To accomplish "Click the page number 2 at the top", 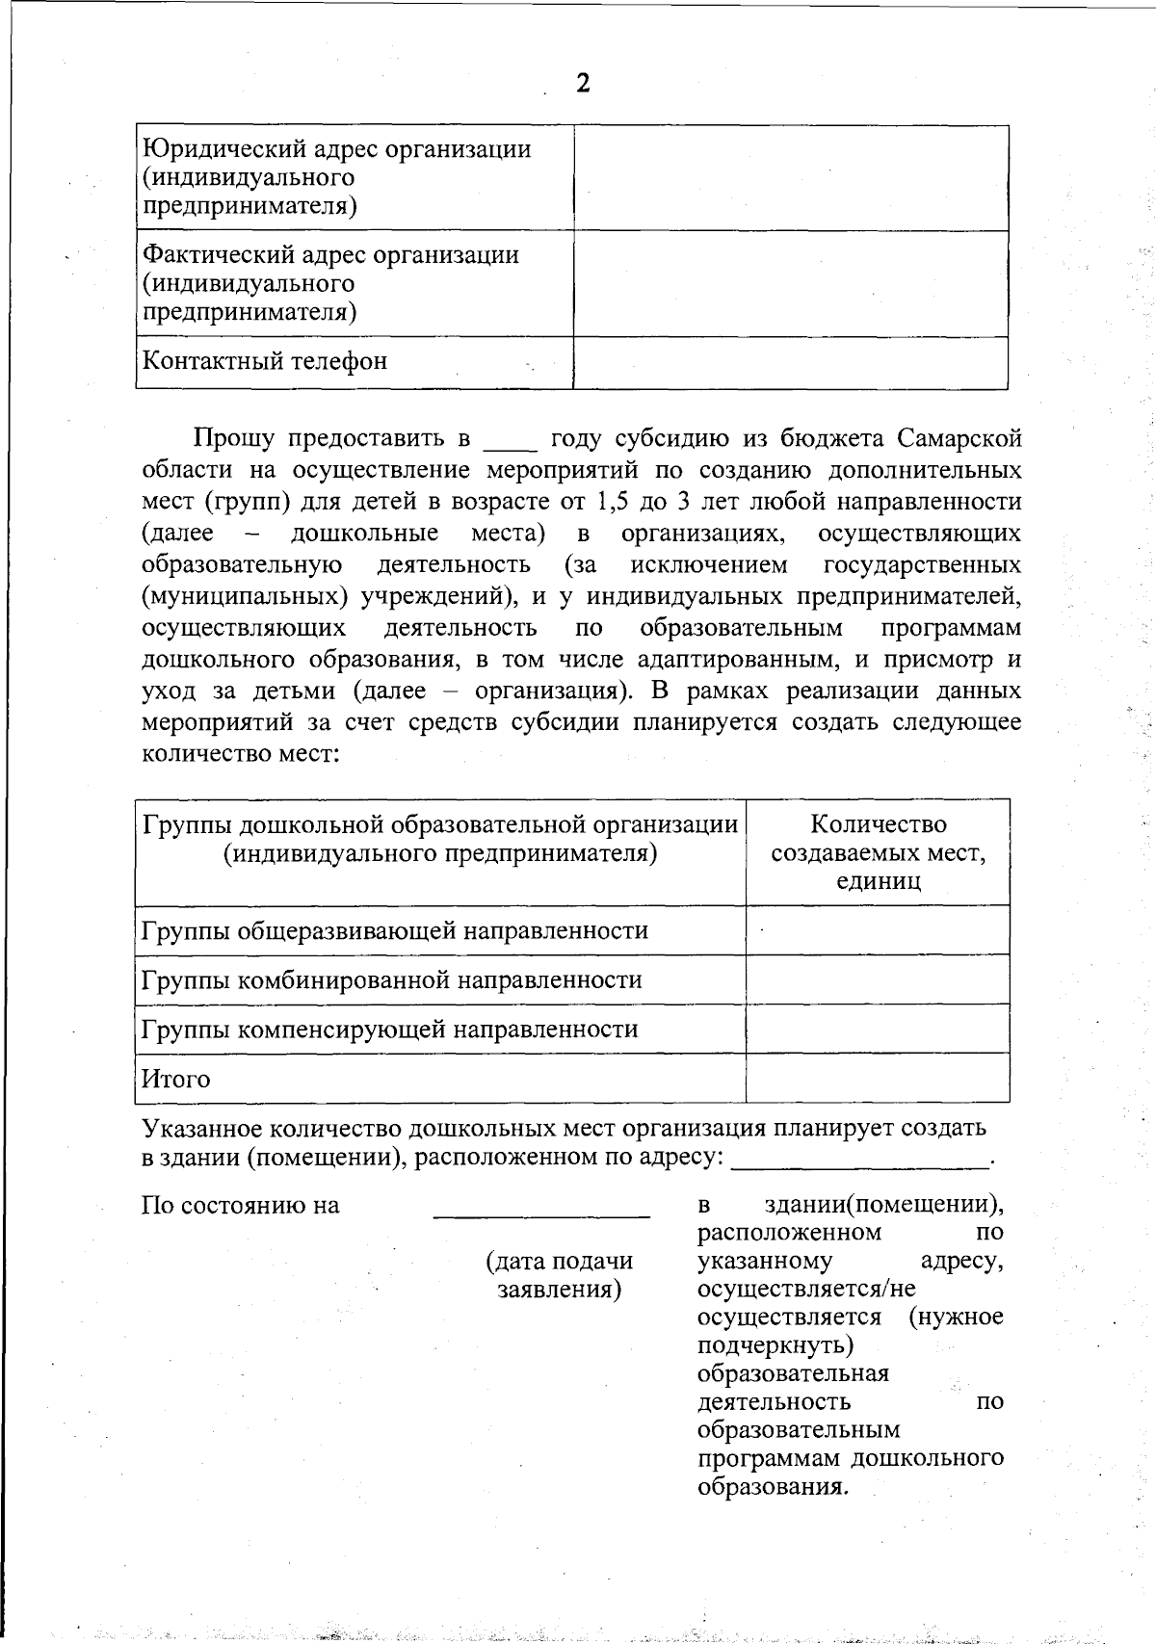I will pos(582,84).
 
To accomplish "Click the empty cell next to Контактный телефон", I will pos(790,362).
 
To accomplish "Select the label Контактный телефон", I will pos(265,361).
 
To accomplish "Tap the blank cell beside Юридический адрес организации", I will pos(790,178).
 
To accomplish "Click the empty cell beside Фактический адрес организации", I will pos(790,283).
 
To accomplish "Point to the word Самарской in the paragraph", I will pos(959,439).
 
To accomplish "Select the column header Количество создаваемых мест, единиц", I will pos(878,852).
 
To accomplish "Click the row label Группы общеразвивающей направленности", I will pos(395,930).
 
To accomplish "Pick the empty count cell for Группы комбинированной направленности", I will pos(878,979).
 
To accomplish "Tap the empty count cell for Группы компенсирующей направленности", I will pos(878,1029).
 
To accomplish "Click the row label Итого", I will pos(175,1079).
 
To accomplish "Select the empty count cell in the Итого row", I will pos(878,1078).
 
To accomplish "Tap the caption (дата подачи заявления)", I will pos(560,1274).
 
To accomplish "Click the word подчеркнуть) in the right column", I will pos(775,1344).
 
